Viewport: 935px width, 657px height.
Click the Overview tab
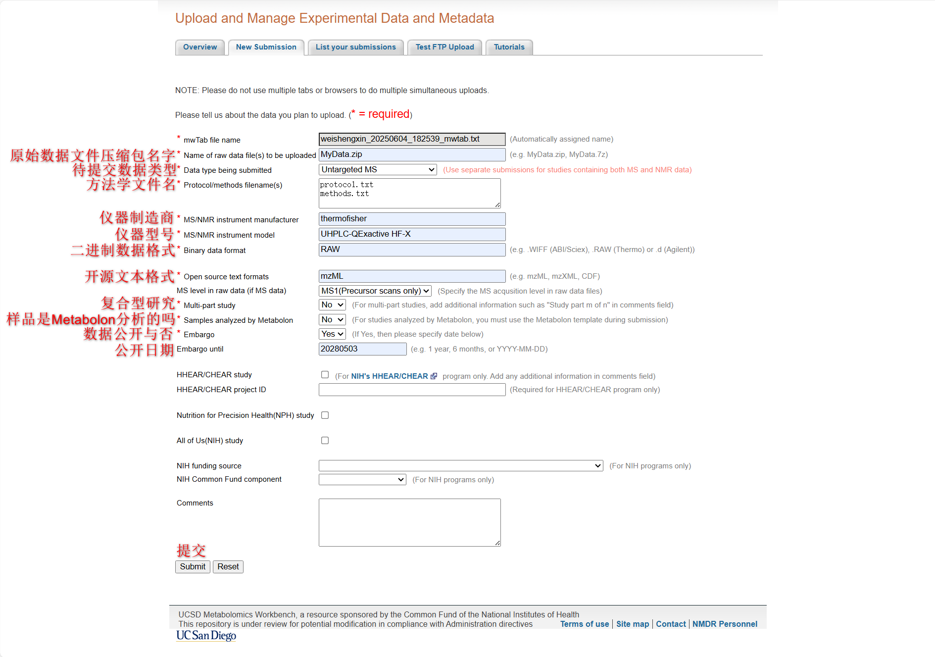point(200,47)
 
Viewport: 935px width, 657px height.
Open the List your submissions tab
point(355,47)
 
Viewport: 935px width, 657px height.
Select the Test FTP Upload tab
point(444,47)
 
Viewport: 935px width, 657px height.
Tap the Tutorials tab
point(509,47)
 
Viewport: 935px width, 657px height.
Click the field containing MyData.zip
point(412,154)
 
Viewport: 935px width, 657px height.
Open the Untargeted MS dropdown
point(378,170)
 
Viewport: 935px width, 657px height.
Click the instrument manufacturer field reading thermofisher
point(412,219)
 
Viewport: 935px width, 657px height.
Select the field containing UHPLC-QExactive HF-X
point(412,234)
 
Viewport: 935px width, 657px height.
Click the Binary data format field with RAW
point(412,250)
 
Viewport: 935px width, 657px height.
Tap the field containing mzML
point(412,276)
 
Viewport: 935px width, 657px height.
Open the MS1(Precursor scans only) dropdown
point(375,291)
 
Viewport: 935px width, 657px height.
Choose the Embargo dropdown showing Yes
point(332,334)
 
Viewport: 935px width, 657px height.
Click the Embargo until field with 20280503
point(362,349)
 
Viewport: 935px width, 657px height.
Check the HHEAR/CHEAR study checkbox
point(325,375)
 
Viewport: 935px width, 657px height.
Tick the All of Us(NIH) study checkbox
point(325,441)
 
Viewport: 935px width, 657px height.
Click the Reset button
point(228,567)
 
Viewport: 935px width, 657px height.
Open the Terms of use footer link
point(584,624)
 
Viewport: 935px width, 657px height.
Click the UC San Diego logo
point(206,636)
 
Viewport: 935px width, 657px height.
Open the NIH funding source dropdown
point(460,466)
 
